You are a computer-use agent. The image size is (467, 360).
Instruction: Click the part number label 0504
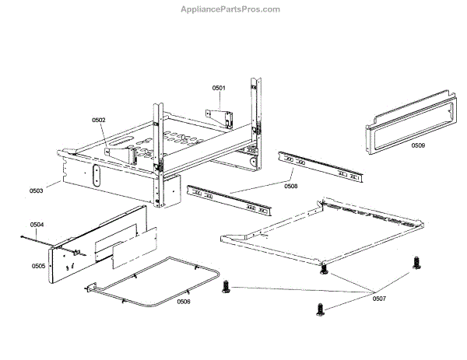click(x=37, y=224)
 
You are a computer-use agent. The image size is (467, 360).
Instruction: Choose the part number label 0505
click(x=38, y=266)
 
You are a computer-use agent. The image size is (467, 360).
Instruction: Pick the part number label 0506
click(x=183, y=301)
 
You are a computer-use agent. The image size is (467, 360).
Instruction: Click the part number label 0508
click(x=290, y=186)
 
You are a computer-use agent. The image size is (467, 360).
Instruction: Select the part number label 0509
click(x=418, y=145)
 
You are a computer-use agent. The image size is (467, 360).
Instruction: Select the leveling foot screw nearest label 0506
click(x=227, y=287)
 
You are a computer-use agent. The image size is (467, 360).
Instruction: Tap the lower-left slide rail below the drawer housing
click(x=230, y=200)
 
